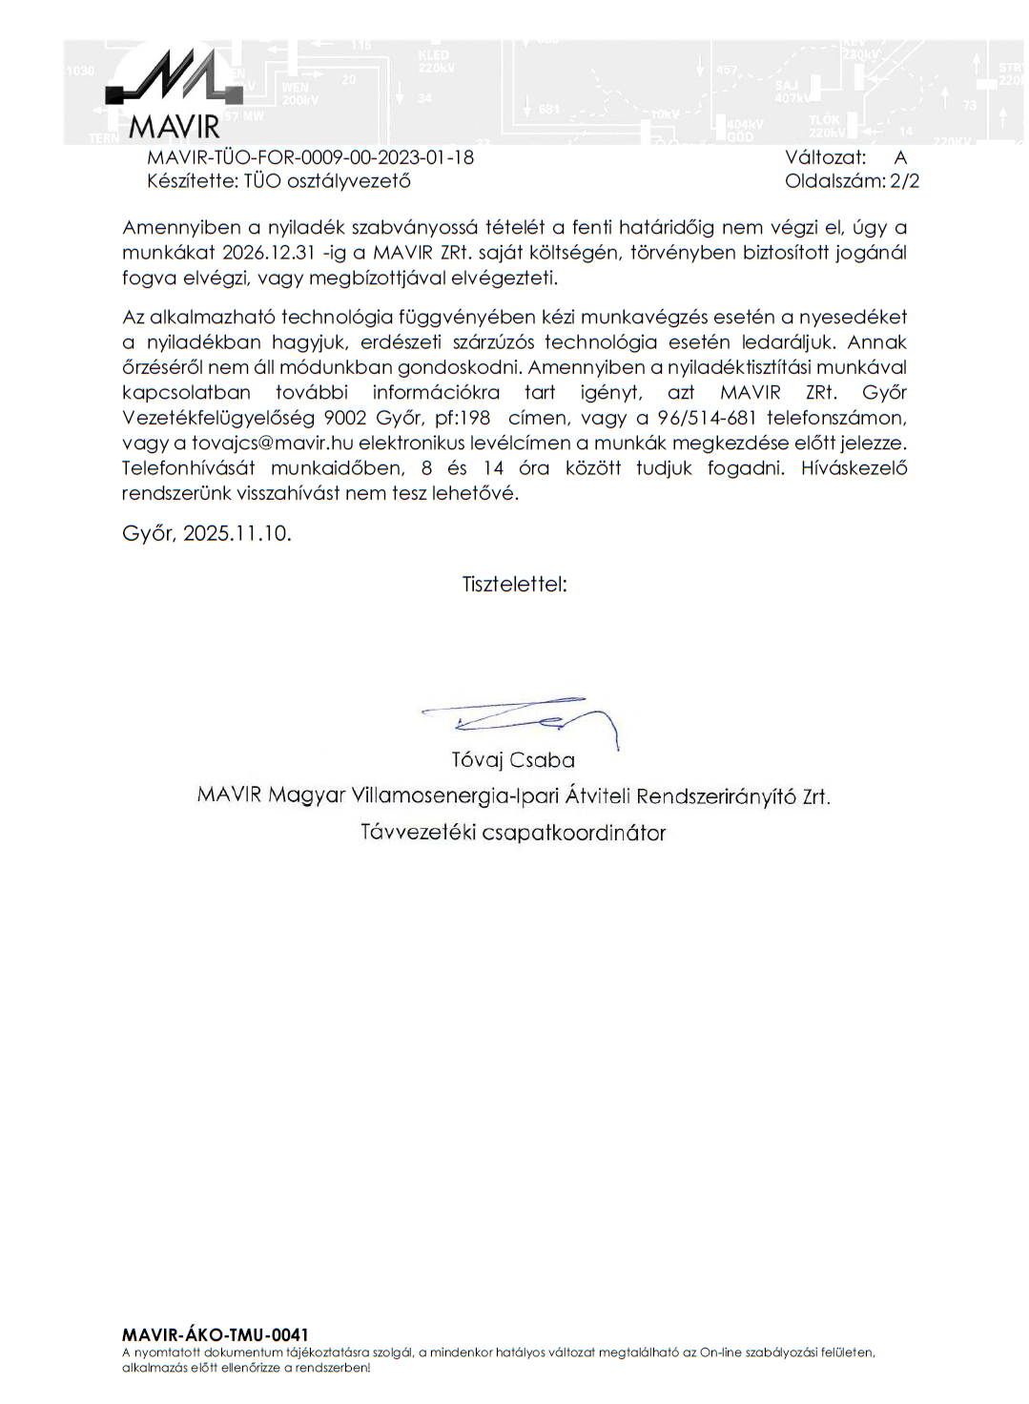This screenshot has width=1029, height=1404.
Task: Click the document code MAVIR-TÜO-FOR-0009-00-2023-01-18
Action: [x=310, y=157]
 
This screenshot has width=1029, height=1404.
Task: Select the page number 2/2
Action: [x=904, y=181]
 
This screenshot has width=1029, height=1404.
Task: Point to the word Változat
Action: [x=825, y=157]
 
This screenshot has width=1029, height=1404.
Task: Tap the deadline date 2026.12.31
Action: [x=269, y=253]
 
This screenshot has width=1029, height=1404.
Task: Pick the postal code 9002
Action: [x=345, y=418]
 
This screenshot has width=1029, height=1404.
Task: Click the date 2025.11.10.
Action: [x=237, y=533]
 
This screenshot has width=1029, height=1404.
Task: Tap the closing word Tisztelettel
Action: [x=514, y=584]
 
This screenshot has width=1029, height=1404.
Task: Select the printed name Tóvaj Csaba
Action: [x=513, y=760]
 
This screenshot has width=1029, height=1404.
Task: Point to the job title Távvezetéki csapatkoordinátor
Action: [x=513, y=833]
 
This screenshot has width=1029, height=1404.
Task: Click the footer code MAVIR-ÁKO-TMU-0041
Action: [x=216, y=1334]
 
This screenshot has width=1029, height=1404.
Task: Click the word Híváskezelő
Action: [x=854, y=468]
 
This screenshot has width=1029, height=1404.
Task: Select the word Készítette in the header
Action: [x=192, y=181]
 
